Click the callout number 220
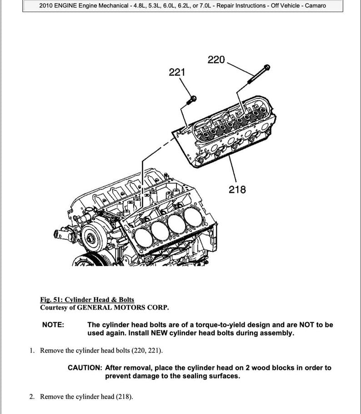click(x=216, y=60)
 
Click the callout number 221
click(x=177, y=72)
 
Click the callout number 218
click(x=237, y=189)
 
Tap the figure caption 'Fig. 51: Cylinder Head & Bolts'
click(x=87, y=299)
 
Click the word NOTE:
click(x=53, y=325)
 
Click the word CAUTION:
click(x=85, y=368)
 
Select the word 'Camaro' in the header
click(x=315, y=6)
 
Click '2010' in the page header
click(x=47, y=6)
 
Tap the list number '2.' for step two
click(x=32, y=397)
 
